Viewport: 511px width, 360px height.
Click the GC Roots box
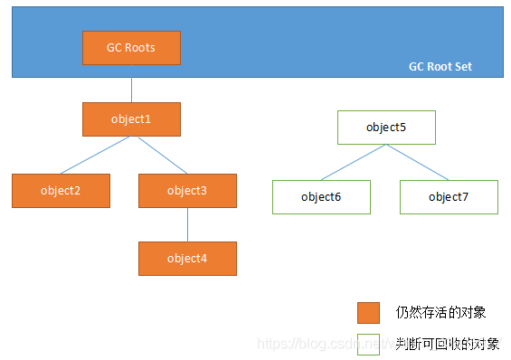[131, 48]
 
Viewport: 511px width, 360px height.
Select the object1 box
[131, 119]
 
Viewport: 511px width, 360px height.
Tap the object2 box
[61, 190]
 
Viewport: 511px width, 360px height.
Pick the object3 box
[187, 190]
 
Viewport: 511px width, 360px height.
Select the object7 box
[449, 196]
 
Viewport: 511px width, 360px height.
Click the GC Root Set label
[440, 67]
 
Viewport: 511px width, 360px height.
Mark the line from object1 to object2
[96, 155]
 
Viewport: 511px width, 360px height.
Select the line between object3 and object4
[187, 224]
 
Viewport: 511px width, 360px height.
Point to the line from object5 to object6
[354, 162]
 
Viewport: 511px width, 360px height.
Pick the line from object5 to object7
[418, 162]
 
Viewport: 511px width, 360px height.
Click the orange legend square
[368, 312]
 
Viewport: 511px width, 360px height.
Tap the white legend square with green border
[368, 344]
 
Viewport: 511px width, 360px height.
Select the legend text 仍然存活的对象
[441, 312]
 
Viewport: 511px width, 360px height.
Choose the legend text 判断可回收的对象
[448, 344]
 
